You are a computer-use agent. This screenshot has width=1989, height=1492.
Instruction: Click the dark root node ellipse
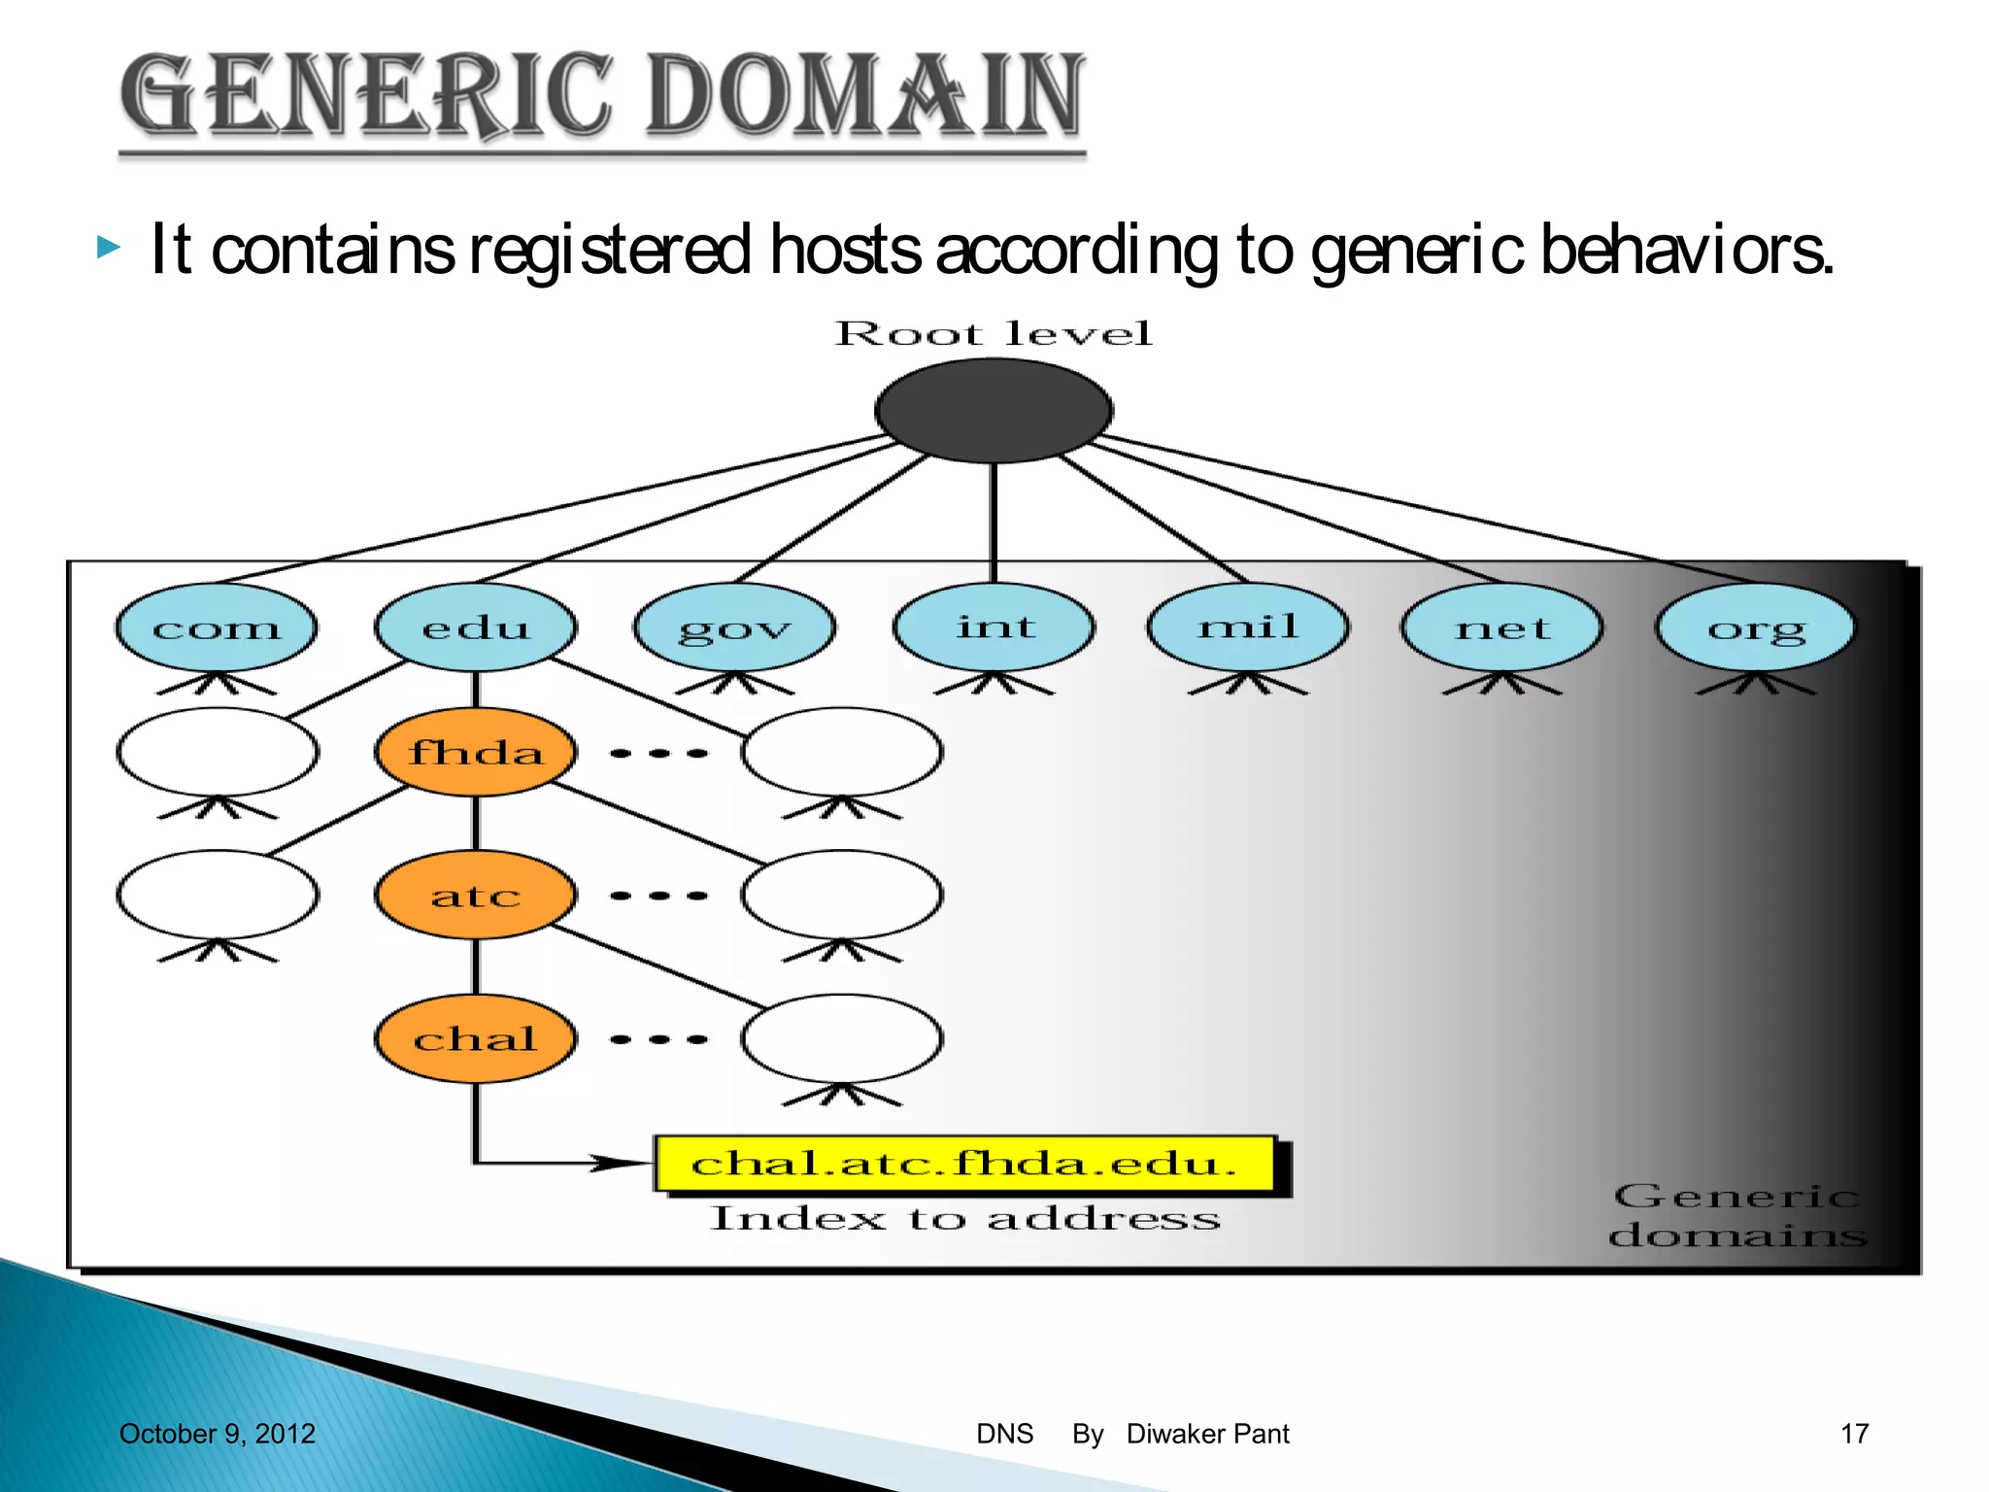tap(994, 411)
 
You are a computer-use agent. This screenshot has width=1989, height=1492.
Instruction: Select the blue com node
tap(216, 627)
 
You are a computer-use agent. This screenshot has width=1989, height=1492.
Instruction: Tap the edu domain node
tap(476, 627)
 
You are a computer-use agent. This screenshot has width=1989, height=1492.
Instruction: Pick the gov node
tap(734, 627)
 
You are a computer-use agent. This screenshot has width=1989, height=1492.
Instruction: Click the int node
tap(994, 627)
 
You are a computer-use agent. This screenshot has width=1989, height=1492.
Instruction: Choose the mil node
tap(1248, 627)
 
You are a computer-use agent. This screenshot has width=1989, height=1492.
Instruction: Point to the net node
tap(1501, 627)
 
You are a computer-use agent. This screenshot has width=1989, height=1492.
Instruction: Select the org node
tap(1756, 627)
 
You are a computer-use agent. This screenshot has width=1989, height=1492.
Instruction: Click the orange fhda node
tap(476, 753)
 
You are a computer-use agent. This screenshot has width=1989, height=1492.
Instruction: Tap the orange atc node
tap(476, 895)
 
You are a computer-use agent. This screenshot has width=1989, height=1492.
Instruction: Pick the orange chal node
tap(476, 1038)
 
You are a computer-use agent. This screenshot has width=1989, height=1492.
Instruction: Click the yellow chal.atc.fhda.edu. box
tap(964, 1163)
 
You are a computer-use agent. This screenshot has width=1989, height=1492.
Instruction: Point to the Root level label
tap(994, 334)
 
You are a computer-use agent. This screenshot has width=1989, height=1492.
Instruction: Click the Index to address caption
tap(964, 1218)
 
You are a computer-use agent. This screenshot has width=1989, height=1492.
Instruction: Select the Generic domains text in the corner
tap(1736, 1215)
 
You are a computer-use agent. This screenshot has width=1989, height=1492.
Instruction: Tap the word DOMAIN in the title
tap(864, 95)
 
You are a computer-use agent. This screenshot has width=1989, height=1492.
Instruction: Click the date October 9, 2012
tap(217, 1434)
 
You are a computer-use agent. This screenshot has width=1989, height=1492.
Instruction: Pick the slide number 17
tap(1854, 1434)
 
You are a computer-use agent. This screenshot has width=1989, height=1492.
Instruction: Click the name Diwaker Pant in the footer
tap(1207, 1434)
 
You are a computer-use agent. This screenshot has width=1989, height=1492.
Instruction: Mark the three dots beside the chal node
tap(659, 1039)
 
